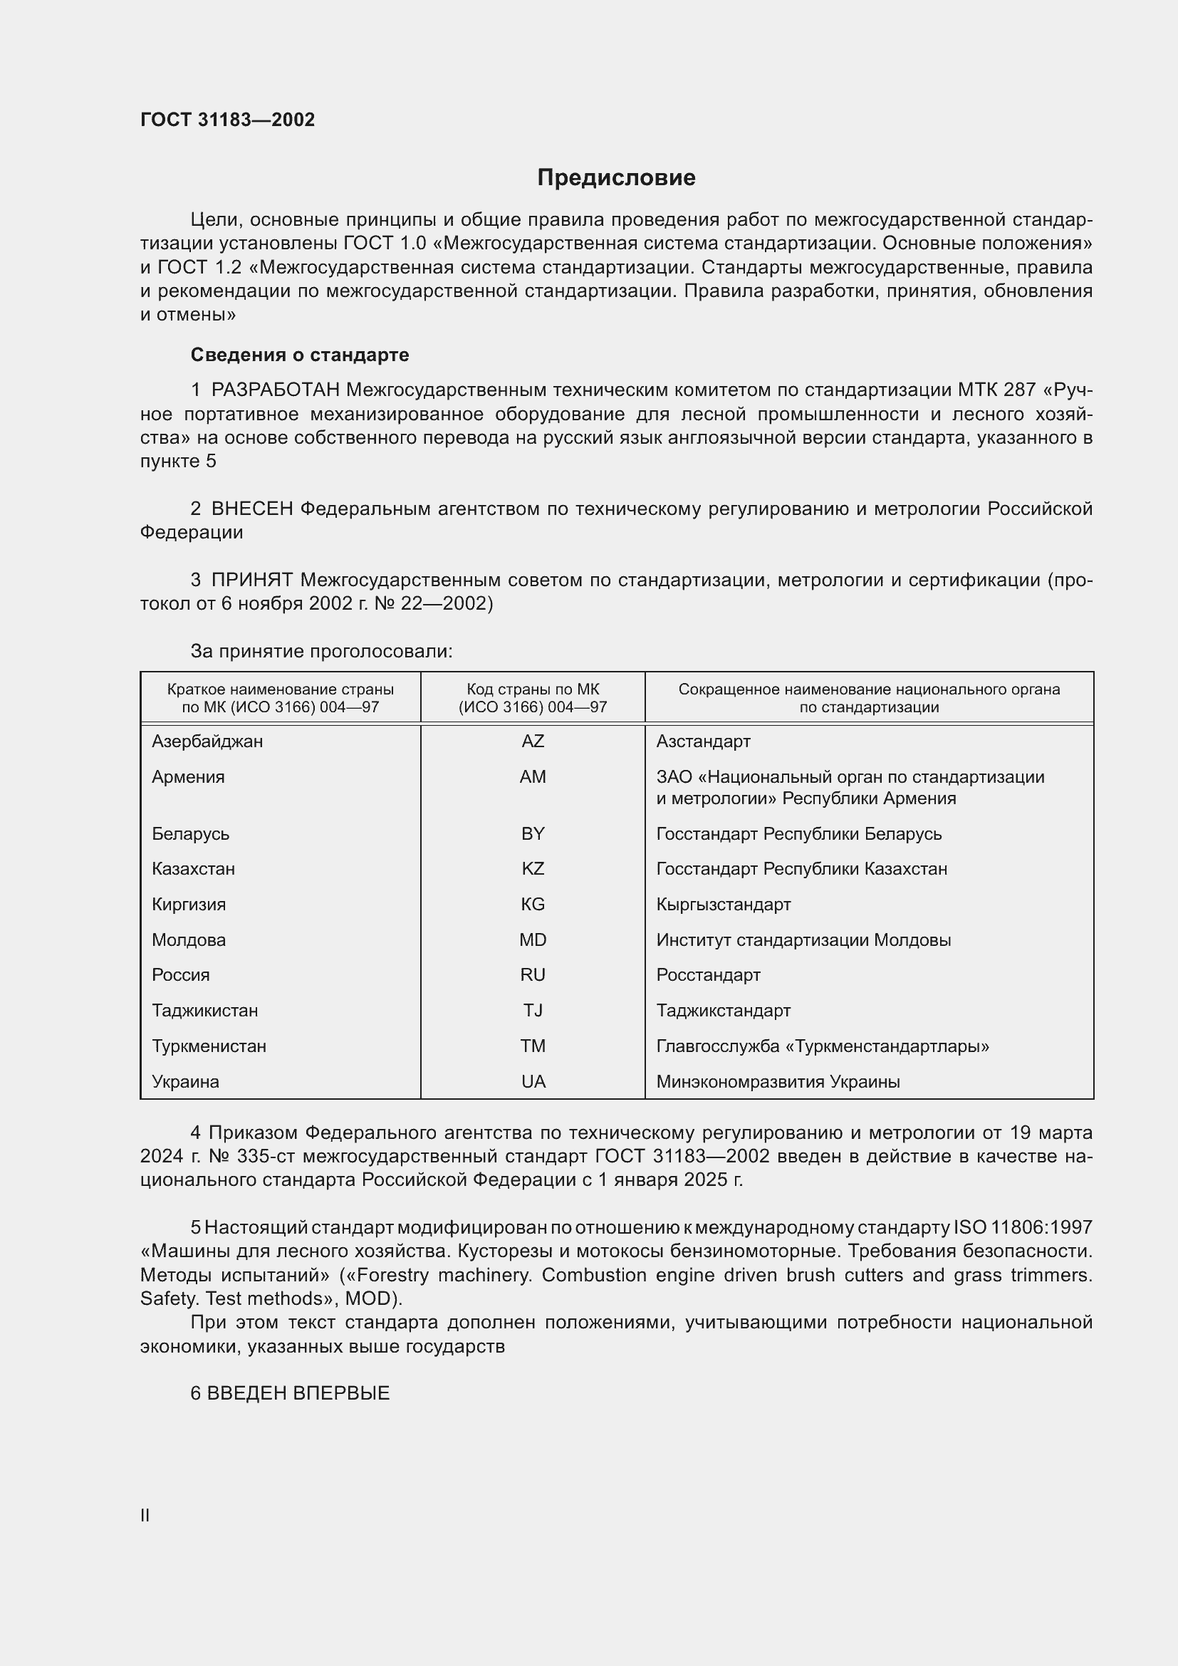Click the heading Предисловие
[616, 178]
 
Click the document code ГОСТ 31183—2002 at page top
[227, 120]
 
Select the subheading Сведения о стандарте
[299, 355]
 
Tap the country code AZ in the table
[533, 741]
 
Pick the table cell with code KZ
[533, 868]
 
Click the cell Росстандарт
[708, 975]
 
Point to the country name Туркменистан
[209, 1046]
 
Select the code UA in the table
[533, 1082]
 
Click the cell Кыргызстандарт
[723, 904]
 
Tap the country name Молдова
[189, 939]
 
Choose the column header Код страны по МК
[533, 689]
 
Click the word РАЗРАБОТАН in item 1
[275, 390]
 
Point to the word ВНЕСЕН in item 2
[251, 509]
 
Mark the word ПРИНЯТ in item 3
[251, 581]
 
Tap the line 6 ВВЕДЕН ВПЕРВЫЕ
[290, 1393]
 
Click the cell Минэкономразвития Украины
[778, 1082]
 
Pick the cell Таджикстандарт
[723, 1011]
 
